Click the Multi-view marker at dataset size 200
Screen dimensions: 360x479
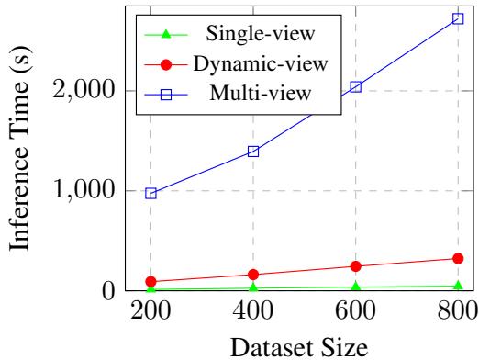(150, 193)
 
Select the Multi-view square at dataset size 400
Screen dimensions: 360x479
(253, 152)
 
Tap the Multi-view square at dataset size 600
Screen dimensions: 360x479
(356, 86)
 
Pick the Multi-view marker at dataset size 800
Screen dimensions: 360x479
(459, 18)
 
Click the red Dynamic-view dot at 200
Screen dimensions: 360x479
(150, 281)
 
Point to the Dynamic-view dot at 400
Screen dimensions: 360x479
(253, 275)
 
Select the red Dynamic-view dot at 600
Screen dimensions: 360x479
(356, 266)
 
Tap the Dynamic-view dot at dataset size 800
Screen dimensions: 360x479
(459, 258)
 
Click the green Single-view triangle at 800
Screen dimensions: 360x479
(459, 286)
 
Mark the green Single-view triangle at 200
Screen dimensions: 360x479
(150, 289)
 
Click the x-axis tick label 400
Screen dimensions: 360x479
(253, 311)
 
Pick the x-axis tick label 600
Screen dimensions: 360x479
(356, 311)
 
